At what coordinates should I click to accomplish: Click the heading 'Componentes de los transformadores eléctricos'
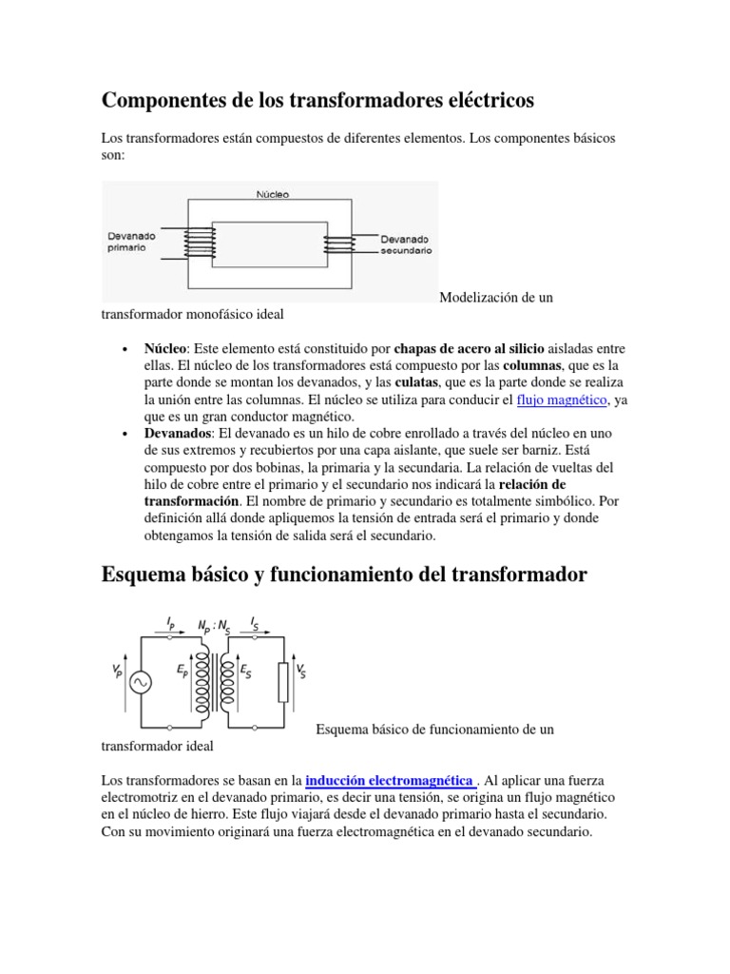tap(317, 99)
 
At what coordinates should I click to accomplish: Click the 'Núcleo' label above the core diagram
tap(272, 194)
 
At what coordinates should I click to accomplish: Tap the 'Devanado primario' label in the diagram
tap(132, 240)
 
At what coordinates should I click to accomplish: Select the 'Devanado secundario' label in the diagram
tap(406, 244)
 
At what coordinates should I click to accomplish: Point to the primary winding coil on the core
tap(200, 241)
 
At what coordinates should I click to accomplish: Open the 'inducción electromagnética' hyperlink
tap(390, 779)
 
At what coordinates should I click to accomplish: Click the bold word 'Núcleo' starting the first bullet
tap(165, 348)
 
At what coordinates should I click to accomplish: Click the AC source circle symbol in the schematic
tap(143, 682)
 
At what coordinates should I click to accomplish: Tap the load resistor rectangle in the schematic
tap(282, 681)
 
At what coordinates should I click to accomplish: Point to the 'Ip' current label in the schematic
tap(170, 622)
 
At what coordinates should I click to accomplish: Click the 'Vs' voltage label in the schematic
tap(301, 672)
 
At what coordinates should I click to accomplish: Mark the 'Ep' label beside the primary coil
tap(182, 671)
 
